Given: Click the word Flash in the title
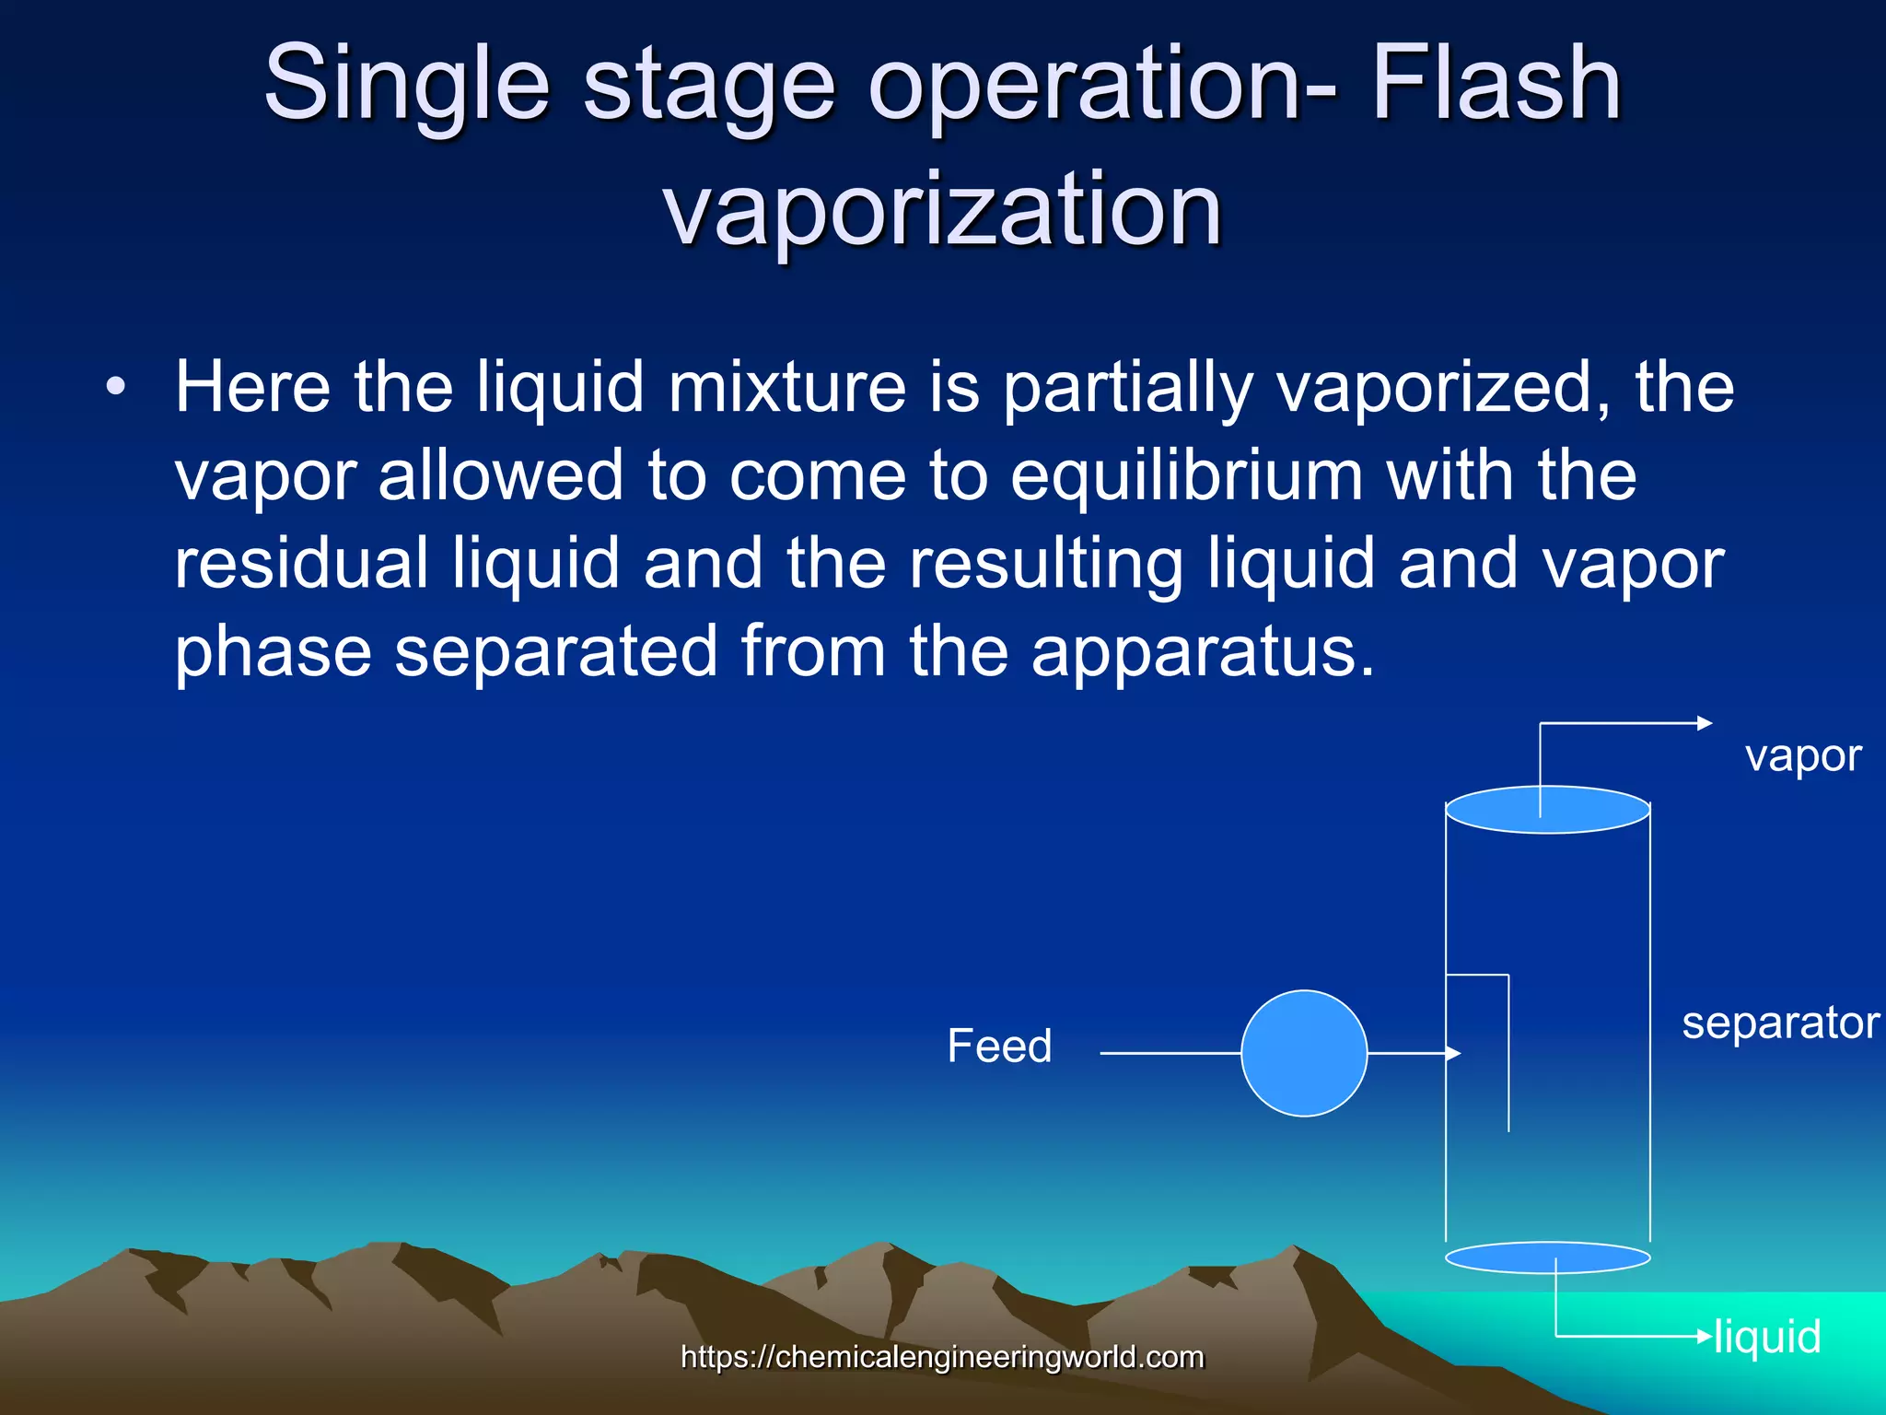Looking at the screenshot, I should pyautogui.click(x=1496, y=85).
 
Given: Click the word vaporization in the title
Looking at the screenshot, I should pyautogui.click(x=942, y=210).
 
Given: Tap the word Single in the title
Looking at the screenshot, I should pyautogui.click(x=406, y=85).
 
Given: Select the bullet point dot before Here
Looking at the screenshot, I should pyautogui.click(x=114, y=388).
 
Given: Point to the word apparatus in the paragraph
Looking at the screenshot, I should pyautogui.click(x=1202, y=651).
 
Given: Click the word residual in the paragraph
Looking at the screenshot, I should pyautogui.click(x=301, y=563).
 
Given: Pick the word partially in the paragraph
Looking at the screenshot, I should pyautogui.click(x=1126, y=388).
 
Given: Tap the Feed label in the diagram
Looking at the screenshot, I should pyautogui.click(x=999, y=1046).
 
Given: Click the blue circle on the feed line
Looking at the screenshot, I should pyautogui.click(x=1304, y=1053).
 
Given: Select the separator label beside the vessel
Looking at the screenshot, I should pyautogui.click(x=1780, y=1023).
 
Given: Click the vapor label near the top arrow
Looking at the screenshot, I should pyautogui.click(x=1802, y=756).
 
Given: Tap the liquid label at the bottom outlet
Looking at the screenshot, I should pyautogui.click(x=1767, y=1337).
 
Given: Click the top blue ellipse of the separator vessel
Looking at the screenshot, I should pyautogui.click(x=1547, y=810).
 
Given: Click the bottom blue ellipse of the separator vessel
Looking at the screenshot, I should pyautogui.click(x=1547, y=1257).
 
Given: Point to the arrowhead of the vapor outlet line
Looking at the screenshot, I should pyautogui.click(x=1705, y=724).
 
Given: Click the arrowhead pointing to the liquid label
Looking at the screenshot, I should pyautogui.click(x=1705, y=1336).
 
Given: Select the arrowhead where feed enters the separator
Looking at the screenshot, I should pyautogui.click(x=1454, y=1053).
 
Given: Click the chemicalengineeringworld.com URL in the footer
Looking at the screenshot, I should pyautogui.click(x=942, y=1357).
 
